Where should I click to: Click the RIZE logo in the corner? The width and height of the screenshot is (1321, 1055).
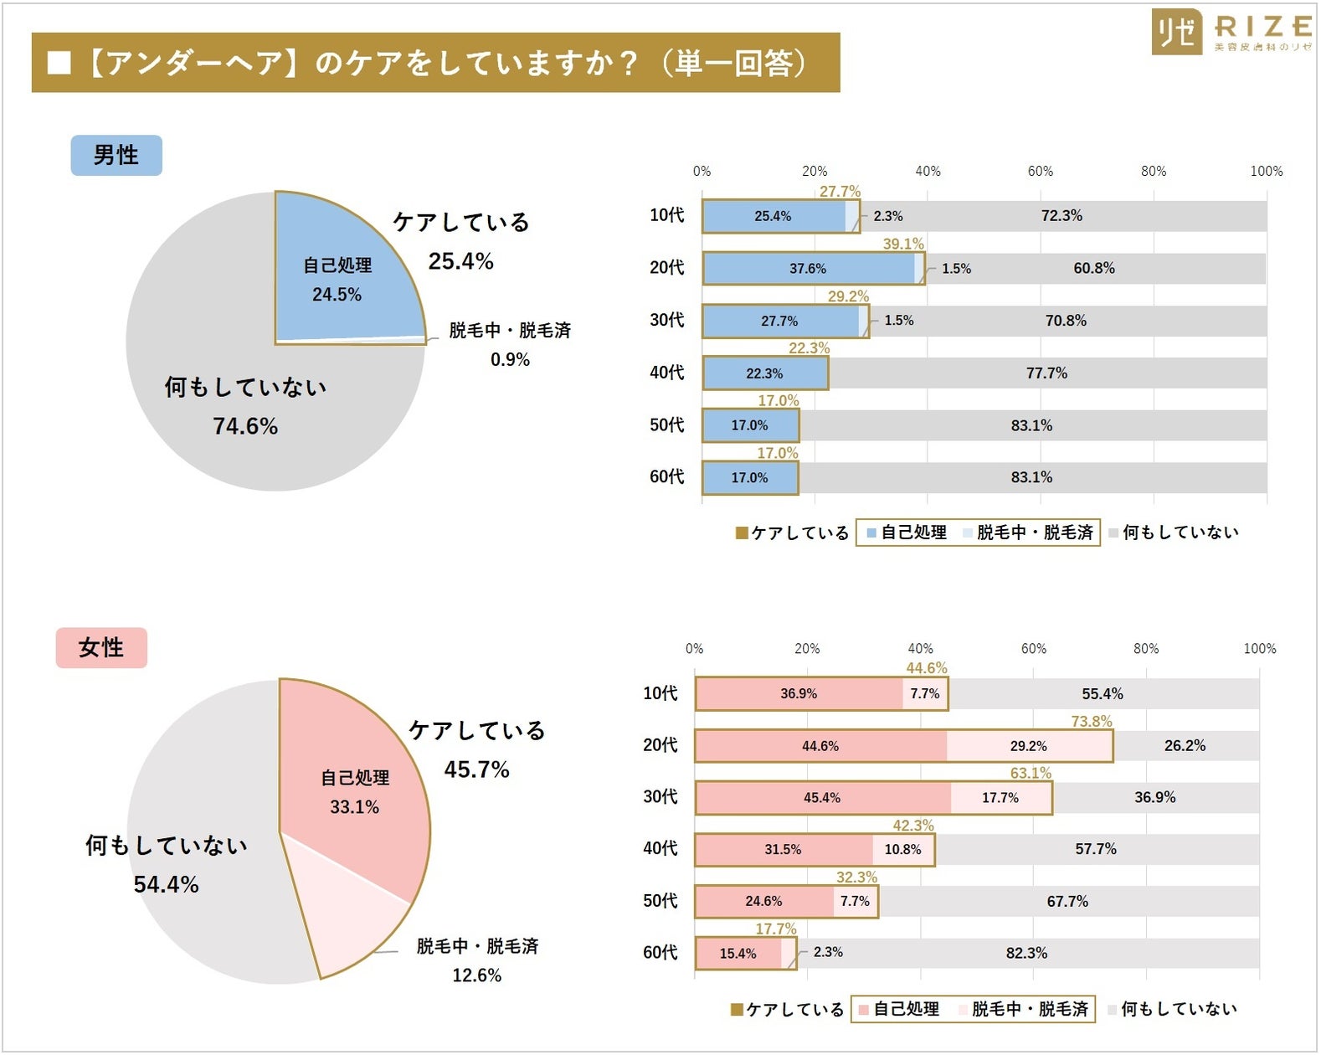[x=1231, y=32]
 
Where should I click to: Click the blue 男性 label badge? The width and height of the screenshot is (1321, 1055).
[x=116, y=156]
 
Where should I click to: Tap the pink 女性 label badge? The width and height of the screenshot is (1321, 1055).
[x=101, y=647]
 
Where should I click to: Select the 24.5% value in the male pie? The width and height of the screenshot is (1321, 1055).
[x=337, y=295]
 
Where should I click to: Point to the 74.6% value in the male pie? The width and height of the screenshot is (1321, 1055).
[x=244, y=426]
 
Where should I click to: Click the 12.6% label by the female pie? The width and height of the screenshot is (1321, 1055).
[x=476, y=975]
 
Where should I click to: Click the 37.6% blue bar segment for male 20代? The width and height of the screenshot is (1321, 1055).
[x=808, y=269]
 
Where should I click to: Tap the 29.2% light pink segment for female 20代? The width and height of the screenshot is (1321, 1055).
[x=1028, y=746]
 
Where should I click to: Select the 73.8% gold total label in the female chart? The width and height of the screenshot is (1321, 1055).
[x=1092, y=721]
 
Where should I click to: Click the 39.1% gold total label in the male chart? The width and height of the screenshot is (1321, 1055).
[x=903, y=244]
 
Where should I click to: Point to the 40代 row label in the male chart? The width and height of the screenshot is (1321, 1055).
[x=666, y=373]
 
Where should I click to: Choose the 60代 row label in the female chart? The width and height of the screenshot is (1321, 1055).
[x=660, y=953]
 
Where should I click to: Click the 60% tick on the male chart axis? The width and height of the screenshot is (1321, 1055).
[x=1041, y=171]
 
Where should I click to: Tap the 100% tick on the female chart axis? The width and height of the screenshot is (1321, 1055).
[x=1259, y=648]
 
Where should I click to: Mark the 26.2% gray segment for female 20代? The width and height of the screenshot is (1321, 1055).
[x=1185, y=746]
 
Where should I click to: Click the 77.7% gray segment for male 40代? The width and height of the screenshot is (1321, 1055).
[x=1046, y=373]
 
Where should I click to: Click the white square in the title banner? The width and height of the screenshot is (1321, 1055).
[x=59, y=63]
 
